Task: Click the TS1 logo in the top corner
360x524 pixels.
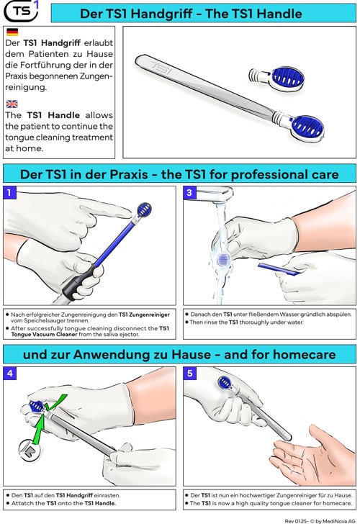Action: [21, 11]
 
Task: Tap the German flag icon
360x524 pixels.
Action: [12, 32]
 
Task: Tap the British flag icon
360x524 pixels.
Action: [12, 104]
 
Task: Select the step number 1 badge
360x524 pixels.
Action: [9, 192]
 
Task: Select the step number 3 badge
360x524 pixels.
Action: [189, 192]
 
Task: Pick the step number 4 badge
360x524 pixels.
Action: [9, 374]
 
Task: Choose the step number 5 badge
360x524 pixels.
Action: [189, 374]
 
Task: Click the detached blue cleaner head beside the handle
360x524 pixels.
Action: [276, 78]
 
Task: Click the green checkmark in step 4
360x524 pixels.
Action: [55, 403]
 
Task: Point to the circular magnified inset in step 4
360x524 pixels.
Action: [30, 450]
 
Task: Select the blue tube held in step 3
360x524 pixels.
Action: [279, 269]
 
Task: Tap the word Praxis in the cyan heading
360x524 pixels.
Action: [129, 174]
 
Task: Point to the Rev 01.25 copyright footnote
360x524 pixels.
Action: [320, 521]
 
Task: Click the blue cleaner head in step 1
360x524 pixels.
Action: [144, 210]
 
